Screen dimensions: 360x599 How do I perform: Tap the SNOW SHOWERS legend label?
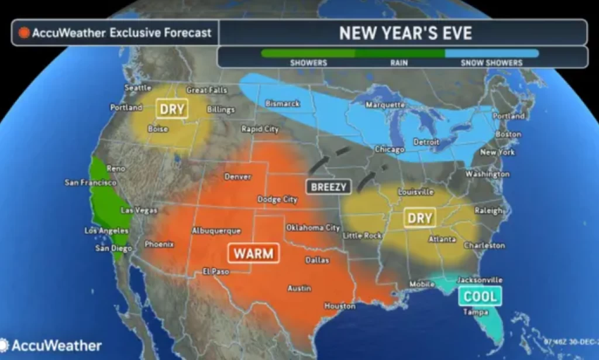[491, 63]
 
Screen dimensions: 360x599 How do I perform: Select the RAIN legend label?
[400, 63]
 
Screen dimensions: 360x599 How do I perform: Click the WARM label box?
[253, 253]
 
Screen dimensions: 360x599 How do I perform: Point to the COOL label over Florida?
[480, 296]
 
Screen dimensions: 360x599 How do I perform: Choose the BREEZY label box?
[329, 187]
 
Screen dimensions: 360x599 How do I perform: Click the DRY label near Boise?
[172, 109]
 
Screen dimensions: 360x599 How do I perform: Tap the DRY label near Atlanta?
[419, 218]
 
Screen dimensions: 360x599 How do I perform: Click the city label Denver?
[237, 176]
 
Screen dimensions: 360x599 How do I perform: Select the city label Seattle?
[138, 88]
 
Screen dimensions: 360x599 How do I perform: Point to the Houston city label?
[340, 306]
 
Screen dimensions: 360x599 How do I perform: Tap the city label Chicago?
[390, 150]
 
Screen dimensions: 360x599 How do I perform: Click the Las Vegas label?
[138, 210]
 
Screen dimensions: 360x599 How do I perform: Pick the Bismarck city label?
[283, 104]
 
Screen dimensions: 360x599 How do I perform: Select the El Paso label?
[215, 271]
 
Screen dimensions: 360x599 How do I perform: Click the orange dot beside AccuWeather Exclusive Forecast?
[24, 33]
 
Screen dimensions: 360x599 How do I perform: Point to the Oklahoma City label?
[312, 227]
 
